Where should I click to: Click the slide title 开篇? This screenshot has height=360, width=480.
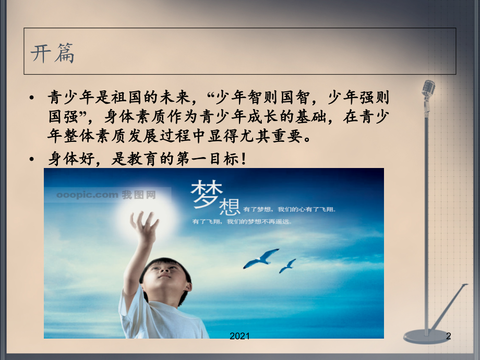coord(53,53)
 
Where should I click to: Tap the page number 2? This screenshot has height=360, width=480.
coord(448,337)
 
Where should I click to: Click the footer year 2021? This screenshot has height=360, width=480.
coord(240,337)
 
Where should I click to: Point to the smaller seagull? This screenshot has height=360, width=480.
coord(287,266)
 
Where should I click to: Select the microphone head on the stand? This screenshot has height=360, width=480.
coord(428,90)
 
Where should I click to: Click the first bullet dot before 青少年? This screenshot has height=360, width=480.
coord(33,98)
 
